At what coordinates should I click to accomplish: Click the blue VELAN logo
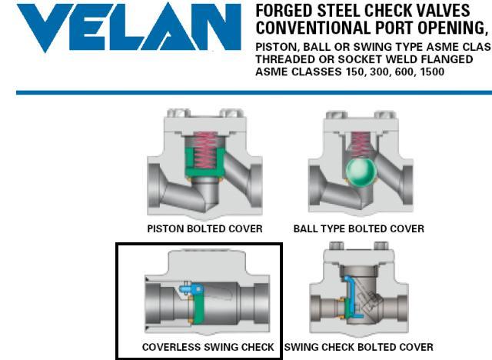point(128,27)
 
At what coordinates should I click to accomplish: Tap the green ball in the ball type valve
point(361,172)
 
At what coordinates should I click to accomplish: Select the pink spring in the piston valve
point(205,150)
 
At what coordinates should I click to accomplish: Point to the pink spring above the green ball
point(361,145)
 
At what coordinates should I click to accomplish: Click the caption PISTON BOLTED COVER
point(205,228)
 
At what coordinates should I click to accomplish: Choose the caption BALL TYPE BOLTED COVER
point(359,228)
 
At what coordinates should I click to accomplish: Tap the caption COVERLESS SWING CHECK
point(208,347)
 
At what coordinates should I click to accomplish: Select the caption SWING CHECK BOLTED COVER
point(359,347)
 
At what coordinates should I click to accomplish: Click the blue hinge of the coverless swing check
point(191,288)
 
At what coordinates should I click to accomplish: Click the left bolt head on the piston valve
point(178,112)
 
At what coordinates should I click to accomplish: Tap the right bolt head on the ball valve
point(385,115)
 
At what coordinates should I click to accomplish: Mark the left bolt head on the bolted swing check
point(336,245)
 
